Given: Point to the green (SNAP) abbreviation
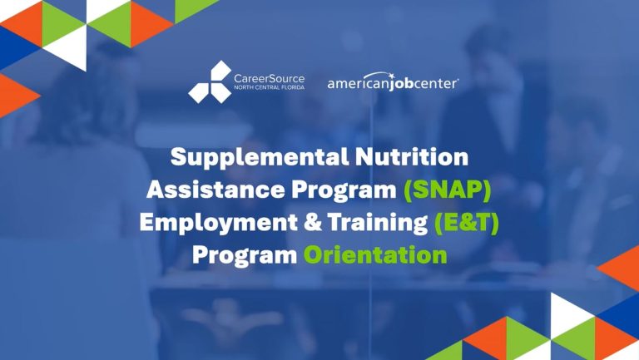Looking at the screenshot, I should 448,189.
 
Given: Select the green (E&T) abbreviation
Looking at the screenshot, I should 463,222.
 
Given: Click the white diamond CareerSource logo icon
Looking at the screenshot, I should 210,81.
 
